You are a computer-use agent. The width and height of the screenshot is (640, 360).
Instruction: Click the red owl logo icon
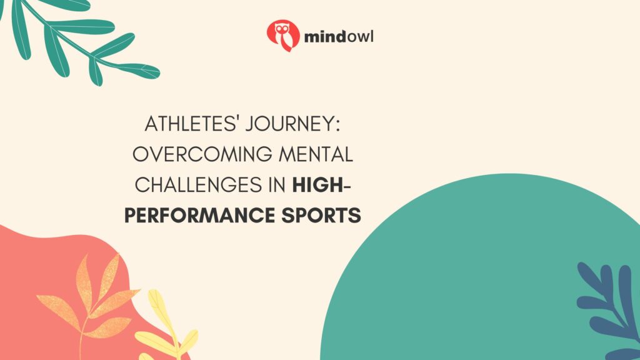283,35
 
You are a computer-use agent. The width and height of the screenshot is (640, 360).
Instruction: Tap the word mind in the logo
322,37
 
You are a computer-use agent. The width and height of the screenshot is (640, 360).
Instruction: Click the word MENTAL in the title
317,154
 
